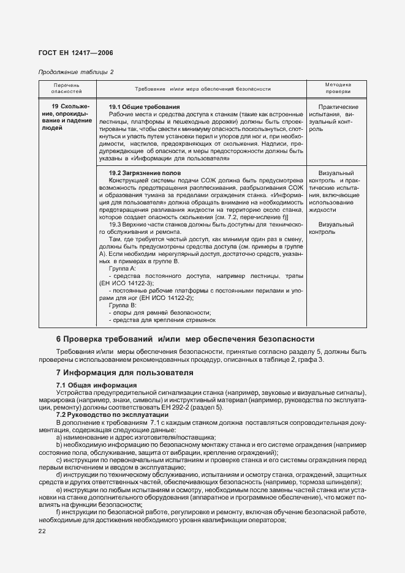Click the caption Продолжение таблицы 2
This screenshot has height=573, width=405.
[76, 72]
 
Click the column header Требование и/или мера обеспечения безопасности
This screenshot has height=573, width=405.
[202, 89]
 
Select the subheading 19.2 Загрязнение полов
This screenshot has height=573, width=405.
[145, 173]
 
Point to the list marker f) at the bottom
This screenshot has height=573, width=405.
[58, 511]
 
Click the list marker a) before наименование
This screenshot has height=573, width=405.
[58, 437]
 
